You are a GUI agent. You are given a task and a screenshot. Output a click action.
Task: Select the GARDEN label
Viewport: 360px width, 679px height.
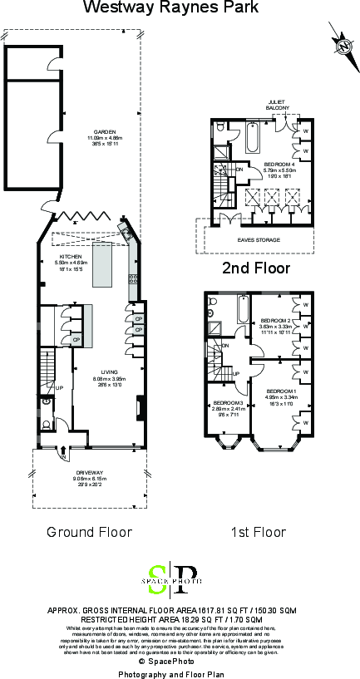tap(105, 132)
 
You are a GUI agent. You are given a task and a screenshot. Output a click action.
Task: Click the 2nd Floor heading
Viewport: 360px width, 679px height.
tap(255, 268)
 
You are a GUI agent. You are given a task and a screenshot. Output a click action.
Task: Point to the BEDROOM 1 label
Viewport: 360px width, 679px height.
tap(279, 390)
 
